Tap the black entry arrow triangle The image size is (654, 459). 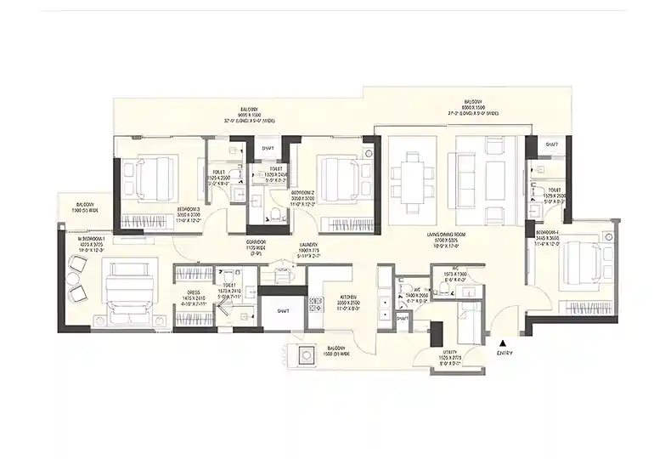502,342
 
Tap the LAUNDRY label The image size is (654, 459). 307,246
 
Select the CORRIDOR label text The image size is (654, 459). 256,241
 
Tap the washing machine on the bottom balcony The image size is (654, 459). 304,355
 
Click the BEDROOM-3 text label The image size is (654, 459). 189,209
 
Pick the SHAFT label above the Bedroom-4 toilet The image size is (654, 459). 552,145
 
